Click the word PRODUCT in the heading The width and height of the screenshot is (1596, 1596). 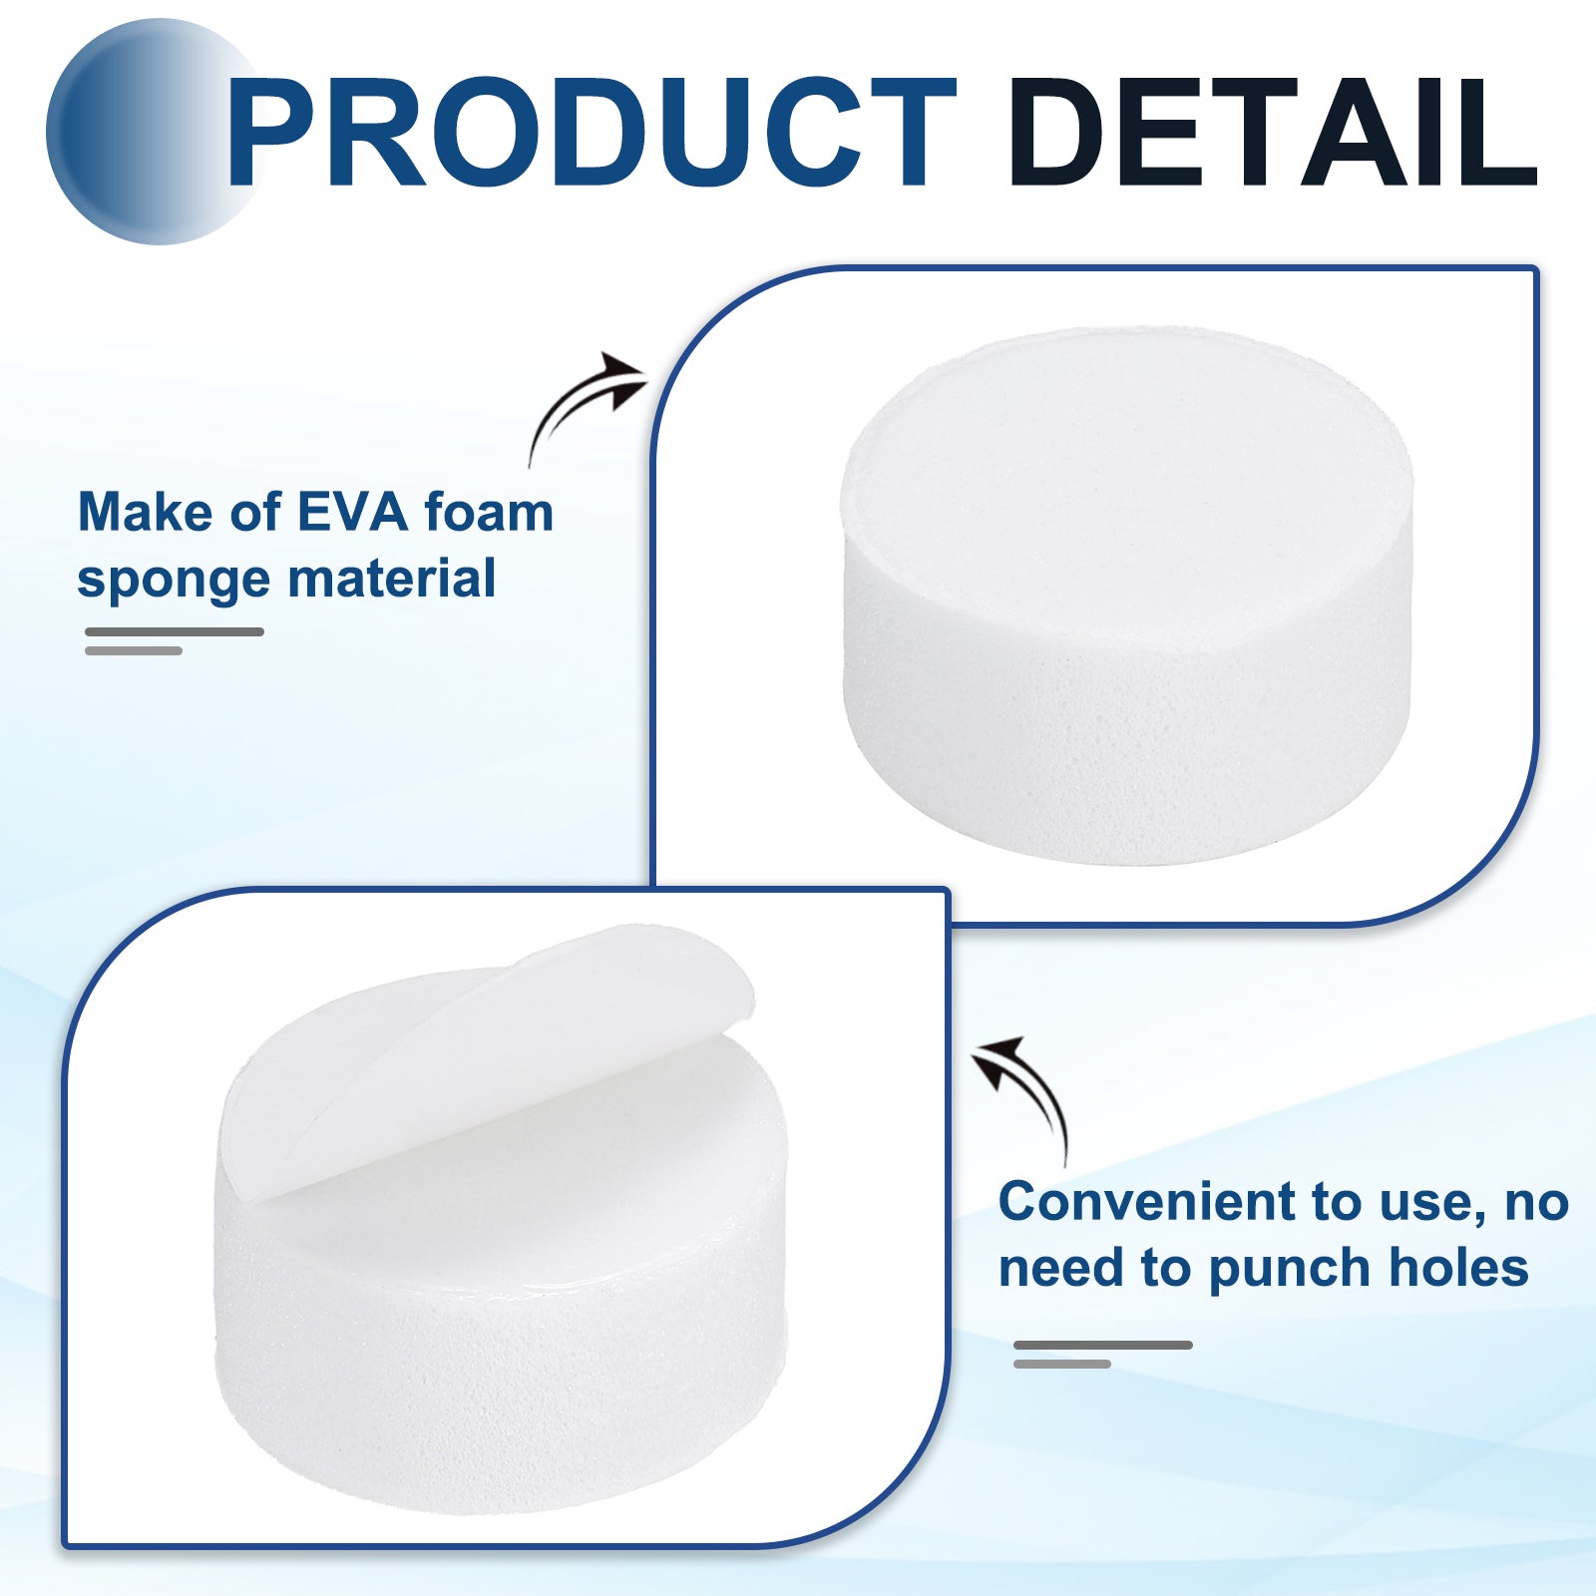tap(592, 132)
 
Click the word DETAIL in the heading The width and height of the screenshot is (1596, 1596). tap(1273, 132)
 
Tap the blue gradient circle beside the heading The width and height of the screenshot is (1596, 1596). tap(150, 132)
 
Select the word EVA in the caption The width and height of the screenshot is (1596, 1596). tap(353, 513)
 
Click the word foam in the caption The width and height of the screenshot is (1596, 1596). tap(489, 513)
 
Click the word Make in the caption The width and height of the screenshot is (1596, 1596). tap(146, 513)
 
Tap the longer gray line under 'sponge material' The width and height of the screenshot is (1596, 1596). tap(175, 631)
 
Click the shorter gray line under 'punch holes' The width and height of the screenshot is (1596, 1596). tap(1062, 1364)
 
